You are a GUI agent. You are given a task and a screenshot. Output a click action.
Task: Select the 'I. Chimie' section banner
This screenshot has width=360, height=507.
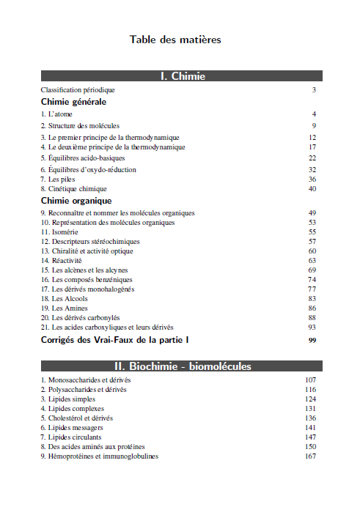(182, 76)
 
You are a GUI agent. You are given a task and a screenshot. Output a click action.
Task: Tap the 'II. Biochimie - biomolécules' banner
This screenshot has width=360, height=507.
(182, 366)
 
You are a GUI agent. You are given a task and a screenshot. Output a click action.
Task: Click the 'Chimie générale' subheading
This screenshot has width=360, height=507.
(74, 102)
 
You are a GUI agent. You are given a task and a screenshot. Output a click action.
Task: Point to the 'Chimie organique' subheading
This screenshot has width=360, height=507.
(76, 200)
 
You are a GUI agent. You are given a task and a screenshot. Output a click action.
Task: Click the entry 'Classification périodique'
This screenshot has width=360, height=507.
(78, 89)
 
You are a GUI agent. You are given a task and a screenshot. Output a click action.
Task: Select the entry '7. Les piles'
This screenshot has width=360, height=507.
(59, 179)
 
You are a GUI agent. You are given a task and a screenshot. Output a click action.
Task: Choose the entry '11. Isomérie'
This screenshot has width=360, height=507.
(59, 232)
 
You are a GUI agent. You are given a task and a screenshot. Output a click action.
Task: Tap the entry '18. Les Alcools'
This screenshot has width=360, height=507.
(65, 298)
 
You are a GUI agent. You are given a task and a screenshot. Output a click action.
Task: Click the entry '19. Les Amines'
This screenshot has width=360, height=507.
(65, 308)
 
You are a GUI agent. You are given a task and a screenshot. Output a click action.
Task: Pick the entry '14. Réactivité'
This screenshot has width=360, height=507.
(62, 260)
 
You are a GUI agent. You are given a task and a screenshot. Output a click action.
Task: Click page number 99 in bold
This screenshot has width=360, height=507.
(312, 341)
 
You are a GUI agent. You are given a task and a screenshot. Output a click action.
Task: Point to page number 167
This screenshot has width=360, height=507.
(310, 456)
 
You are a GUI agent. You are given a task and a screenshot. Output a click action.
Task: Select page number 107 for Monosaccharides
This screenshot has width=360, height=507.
(310, 380)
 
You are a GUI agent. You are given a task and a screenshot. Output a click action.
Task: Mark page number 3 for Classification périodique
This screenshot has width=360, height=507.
(314, 89)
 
